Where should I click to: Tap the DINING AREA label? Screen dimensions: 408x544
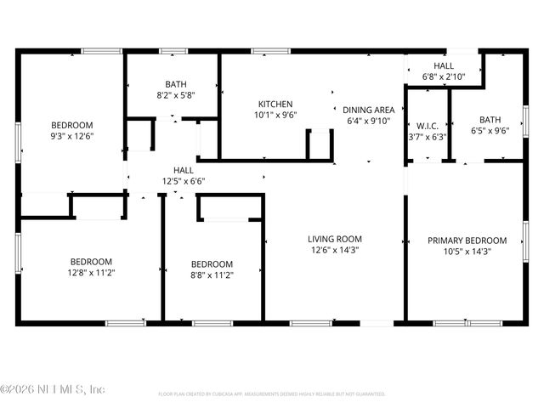[x=368, y=110]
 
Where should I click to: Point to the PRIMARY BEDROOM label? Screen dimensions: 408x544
[x=467, y=241]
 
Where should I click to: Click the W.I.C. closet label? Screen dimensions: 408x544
[x=427, y=126]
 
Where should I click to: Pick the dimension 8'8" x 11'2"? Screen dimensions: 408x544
[x=212, y=275]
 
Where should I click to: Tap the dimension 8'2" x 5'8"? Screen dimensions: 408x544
[x=176, y=95]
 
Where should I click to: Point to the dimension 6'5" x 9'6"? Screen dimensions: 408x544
[x=490, y=132]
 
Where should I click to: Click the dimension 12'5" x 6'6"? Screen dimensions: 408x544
[x=184, y=181]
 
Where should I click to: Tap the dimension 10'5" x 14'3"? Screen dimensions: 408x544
[x=467, y=252]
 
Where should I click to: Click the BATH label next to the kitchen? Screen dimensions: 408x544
[x=176, y=84]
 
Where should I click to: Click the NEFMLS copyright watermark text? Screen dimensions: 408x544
[x=53, y=389]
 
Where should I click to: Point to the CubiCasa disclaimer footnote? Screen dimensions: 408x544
[x=272, y=394]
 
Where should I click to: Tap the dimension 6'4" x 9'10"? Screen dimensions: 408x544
[x=368, y=121]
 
